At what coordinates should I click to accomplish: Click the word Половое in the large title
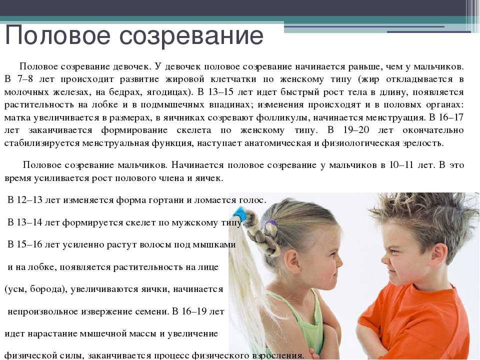pyautogui.click(x=57, y=36)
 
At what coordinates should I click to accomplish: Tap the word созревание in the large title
pyautogui.click(x=191, y=36)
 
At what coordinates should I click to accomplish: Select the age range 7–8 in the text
pyautogui.click(x=25, y=79)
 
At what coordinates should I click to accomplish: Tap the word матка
pyautogui.click(x=17, y=118)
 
